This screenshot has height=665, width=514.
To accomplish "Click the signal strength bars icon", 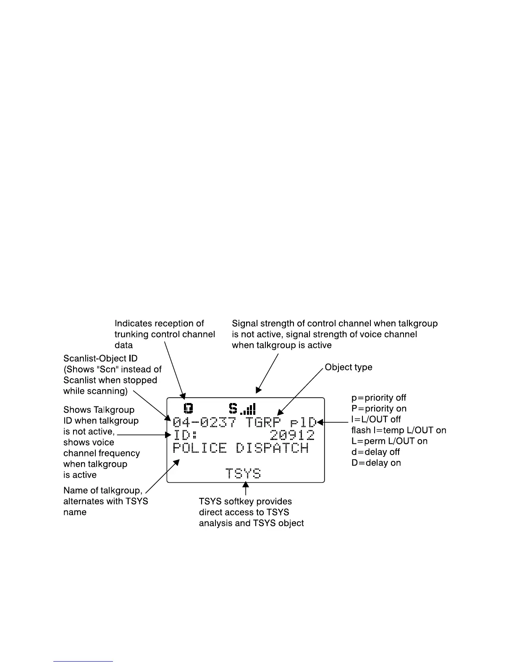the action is [x=248, y=409].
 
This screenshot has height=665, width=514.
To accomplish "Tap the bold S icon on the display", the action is [x=233, y=408].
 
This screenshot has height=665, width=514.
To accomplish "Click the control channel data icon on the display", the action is [x=189, y=408].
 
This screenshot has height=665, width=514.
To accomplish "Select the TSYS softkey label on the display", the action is [x=243, y=474].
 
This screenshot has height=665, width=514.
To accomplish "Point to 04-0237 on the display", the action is [x=205, y=422].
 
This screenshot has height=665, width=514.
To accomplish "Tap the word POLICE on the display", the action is [x=199, y=448].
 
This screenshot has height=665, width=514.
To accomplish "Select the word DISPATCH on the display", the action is [x=272, y=448].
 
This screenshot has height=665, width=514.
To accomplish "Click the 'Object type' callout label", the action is [x=349, y=367].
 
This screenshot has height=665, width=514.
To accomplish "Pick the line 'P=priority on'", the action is [x=379, y=408].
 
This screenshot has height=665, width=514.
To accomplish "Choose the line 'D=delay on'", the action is [x=376, y=463].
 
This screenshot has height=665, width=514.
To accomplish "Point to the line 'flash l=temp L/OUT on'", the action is [x=399, y=430].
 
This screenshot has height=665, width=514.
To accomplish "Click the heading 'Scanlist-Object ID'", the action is [x=100, y=359].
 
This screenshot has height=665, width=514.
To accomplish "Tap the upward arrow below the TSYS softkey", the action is [x=246, y=489].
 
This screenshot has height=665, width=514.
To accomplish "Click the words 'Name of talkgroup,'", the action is [x=103, y=490].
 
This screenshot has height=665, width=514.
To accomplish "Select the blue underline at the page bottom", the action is [x=83, y=661].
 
